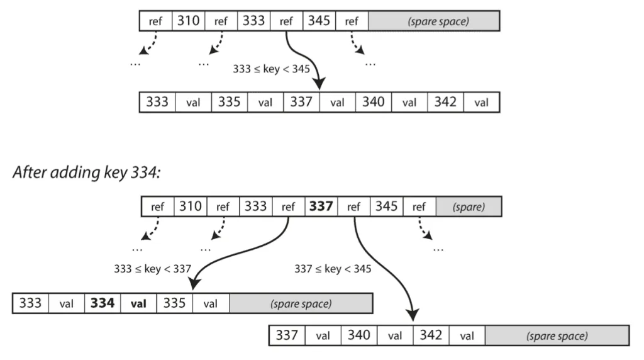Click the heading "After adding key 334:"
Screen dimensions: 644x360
[x=87, y=172]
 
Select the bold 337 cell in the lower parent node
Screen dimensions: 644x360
[x=321, y=206]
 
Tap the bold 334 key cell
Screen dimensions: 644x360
[x=103, y=303]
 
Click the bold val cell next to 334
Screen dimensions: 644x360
[x=138, y=303]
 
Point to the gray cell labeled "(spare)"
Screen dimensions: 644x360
[x=469, y=206]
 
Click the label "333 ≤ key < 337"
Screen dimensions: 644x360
[x=153, y=269]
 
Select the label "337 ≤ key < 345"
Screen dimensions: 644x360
[x=333, y=269]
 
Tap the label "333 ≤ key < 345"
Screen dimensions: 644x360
[x=272, y=69]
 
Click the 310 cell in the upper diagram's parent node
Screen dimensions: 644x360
[x=189, y=21]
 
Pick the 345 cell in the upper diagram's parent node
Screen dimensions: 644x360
[x=319, y=21]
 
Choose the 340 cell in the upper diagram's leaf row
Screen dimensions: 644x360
[x=374, y=102]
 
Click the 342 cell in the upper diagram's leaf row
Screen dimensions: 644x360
[x=446, y=102]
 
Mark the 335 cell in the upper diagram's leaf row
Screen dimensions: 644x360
[x=229, y=102]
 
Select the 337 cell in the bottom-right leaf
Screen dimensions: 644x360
[x=287, y=335]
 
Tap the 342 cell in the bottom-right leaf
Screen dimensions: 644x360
[x=431, y=335]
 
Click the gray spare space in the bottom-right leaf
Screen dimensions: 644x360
[x=557, y=335]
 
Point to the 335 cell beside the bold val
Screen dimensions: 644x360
[x=175, y=303]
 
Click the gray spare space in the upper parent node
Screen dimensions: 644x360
[x=434, y=21]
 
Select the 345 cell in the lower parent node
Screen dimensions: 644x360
[x=387, y=206]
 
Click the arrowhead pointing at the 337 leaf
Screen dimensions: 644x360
[x=413, y=315]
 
